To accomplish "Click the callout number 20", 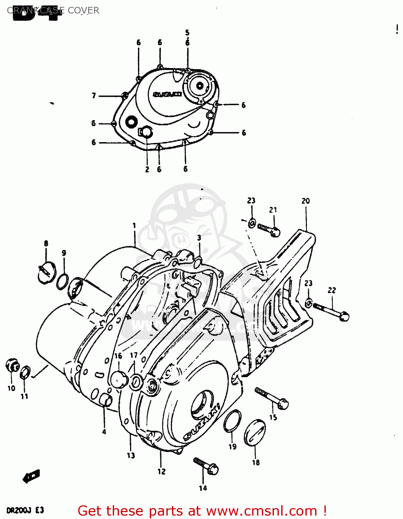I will click(305, 201).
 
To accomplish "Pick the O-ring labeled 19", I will click(232, 421).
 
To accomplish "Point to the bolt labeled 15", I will click(272, 398).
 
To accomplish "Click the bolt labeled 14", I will click(206, 466).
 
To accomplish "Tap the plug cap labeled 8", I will click(46, 272).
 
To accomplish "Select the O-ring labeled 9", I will click(62, 281).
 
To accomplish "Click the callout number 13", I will click(131, 455).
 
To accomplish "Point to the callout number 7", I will click(94, 95).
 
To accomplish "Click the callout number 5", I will click(187, 33).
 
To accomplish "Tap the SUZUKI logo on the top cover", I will click(167, 94).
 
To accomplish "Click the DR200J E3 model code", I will click(25, 510).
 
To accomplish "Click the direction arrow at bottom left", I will click(31, 476).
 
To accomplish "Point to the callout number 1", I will click(134, 226).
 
